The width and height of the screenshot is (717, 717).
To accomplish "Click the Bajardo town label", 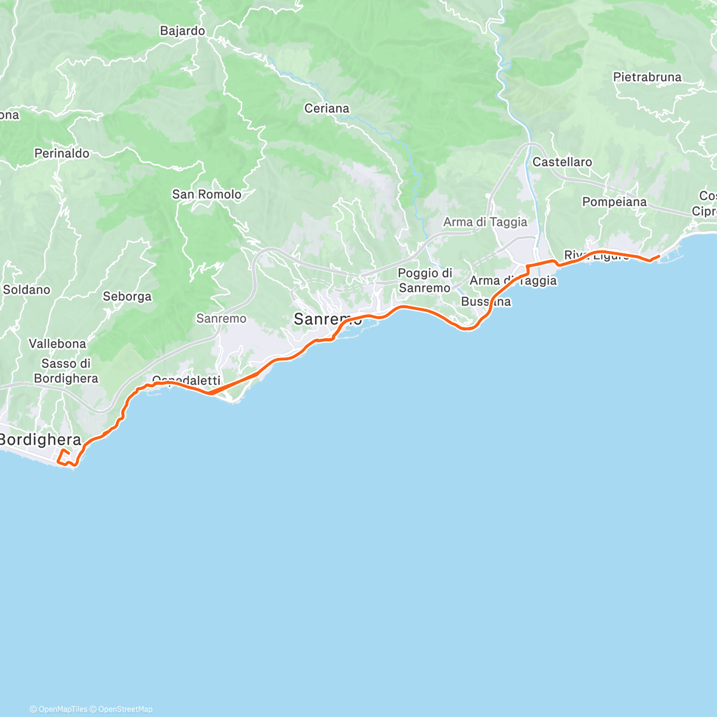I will click(182, 31).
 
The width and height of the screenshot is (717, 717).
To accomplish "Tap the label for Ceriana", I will click(326, 109).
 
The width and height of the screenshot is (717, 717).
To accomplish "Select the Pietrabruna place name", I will click(647, 77).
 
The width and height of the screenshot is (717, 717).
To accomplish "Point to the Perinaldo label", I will click(62, 154).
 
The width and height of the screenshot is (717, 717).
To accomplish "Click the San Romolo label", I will click(207, 194).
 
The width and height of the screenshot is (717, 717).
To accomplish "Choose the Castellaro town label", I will click(562, 162).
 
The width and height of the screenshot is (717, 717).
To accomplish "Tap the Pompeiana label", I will click(614, 202).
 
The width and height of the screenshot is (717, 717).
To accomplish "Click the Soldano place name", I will click(26, 290).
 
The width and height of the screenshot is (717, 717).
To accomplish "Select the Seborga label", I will click(127, 296).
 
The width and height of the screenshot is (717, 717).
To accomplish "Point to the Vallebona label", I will click(57, 344).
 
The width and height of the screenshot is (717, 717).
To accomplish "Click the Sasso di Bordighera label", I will click(66, 371).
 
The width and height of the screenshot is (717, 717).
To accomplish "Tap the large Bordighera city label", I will click(41, 440).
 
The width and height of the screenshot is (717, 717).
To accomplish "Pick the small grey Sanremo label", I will click(221, 318).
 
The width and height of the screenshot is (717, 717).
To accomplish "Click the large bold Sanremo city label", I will click(327, 320).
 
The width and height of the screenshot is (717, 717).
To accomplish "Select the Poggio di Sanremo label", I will click(425, 280).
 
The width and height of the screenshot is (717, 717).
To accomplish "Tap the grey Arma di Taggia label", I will click(485, 222).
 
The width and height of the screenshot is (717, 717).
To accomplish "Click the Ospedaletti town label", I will click(186, 380).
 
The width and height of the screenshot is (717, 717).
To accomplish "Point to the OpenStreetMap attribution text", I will click(125, 709).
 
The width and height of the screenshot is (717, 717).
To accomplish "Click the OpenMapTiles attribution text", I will click(63, 709).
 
